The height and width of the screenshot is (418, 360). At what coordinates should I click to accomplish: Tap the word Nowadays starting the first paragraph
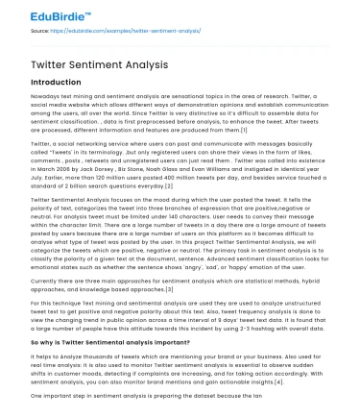pos(47,99)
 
